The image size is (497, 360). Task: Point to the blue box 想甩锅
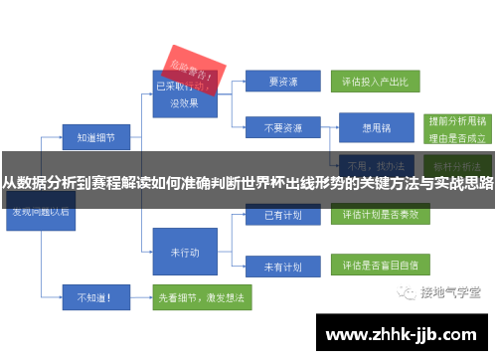click(375, 128)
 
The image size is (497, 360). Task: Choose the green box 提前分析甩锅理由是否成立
click(453, 128)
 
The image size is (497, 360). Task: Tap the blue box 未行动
click(184, 252)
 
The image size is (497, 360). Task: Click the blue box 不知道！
click(90, 295)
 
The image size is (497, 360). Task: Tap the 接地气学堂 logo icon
click(407, 291)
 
